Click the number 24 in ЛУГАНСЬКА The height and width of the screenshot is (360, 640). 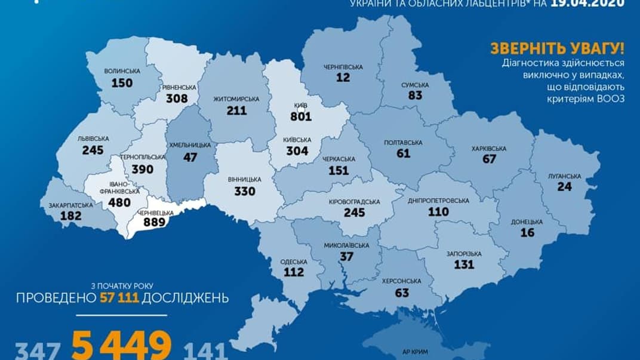click(x=565, y=186)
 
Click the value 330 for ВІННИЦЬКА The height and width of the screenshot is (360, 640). click(x=244, y=191)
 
